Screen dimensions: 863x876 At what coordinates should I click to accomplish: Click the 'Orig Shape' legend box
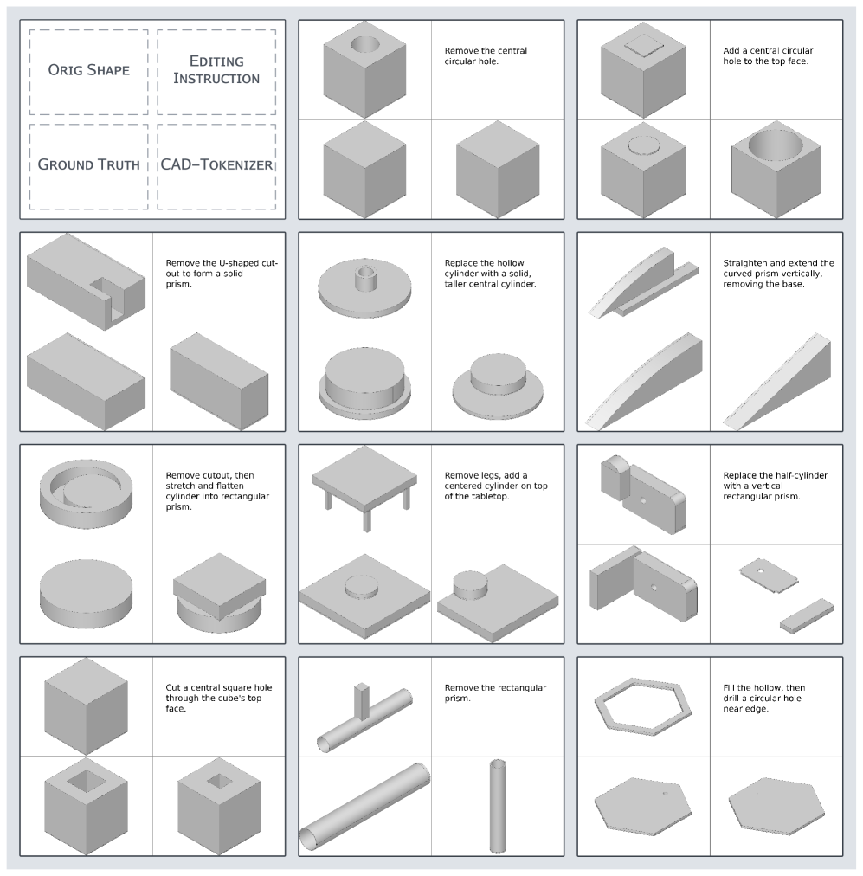point(89,72)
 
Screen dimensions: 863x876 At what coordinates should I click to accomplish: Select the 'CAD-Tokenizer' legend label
point(216,164)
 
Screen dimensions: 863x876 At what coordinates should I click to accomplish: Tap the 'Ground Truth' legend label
point(89,164)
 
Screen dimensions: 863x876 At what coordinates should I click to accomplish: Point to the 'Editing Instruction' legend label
point(216,70)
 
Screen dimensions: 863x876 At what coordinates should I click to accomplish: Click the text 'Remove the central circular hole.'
point(486,56)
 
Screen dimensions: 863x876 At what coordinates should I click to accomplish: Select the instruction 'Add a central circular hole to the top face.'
point(768,56)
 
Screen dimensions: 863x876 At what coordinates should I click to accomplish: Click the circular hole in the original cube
point(364,44)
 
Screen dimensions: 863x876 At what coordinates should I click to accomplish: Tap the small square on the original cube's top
point(643,45)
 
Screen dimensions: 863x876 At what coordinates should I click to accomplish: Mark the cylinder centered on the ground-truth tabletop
point(362,586)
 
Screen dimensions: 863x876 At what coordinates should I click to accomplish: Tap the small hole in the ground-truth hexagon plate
point(665,793)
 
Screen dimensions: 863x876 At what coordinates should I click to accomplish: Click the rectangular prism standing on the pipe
point(362,701)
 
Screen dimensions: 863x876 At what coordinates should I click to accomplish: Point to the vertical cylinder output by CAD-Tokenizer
point(497,806)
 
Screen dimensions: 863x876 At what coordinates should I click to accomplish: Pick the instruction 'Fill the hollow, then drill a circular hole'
point(763,699)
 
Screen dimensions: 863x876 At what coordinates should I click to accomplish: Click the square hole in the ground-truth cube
point(86,781)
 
